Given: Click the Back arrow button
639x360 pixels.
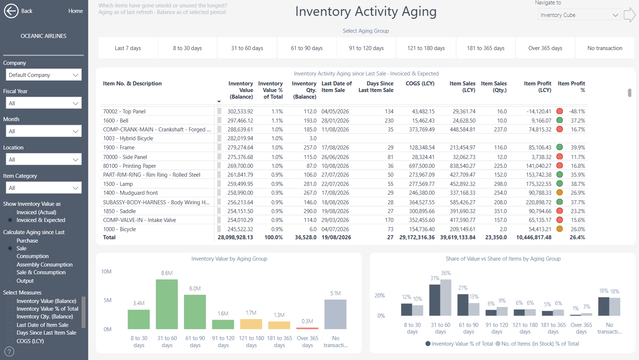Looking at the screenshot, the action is point(11,11).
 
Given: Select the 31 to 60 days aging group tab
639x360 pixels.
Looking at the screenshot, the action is point(247,48).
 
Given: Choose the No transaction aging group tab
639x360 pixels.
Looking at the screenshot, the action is point(605,48).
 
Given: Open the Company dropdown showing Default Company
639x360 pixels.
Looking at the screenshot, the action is point(43,75).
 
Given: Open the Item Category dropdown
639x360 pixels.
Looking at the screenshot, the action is point(43,188).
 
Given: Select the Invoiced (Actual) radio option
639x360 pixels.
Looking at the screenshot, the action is point(10,212).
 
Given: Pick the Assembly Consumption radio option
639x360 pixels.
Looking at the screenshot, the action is point(10,265).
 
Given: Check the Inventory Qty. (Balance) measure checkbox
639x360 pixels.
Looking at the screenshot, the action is point(10,317).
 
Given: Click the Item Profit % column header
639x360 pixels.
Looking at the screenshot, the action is point(571,87).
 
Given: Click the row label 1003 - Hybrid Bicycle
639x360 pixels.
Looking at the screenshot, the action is point(128,138).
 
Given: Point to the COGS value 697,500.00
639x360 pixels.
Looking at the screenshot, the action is point(422,166).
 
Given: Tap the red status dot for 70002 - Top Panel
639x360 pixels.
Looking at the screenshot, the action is point(560,111).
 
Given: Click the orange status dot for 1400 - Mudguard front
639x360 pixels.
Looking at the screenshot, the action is point(560,193).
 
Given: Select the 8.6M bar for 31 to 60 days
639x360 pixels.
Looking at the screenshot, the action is point(167,304).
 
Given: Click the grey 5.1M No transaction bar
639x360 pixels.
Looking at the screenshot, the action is point(335,314).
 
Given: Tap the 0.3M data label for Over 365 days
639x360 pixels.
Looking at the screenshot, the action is point(307,321).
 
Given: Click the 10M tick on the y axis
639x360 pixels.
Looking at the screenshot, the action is point(106,272).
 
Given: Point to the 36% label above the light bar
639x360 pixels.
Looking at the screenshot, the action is point(446,273).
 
